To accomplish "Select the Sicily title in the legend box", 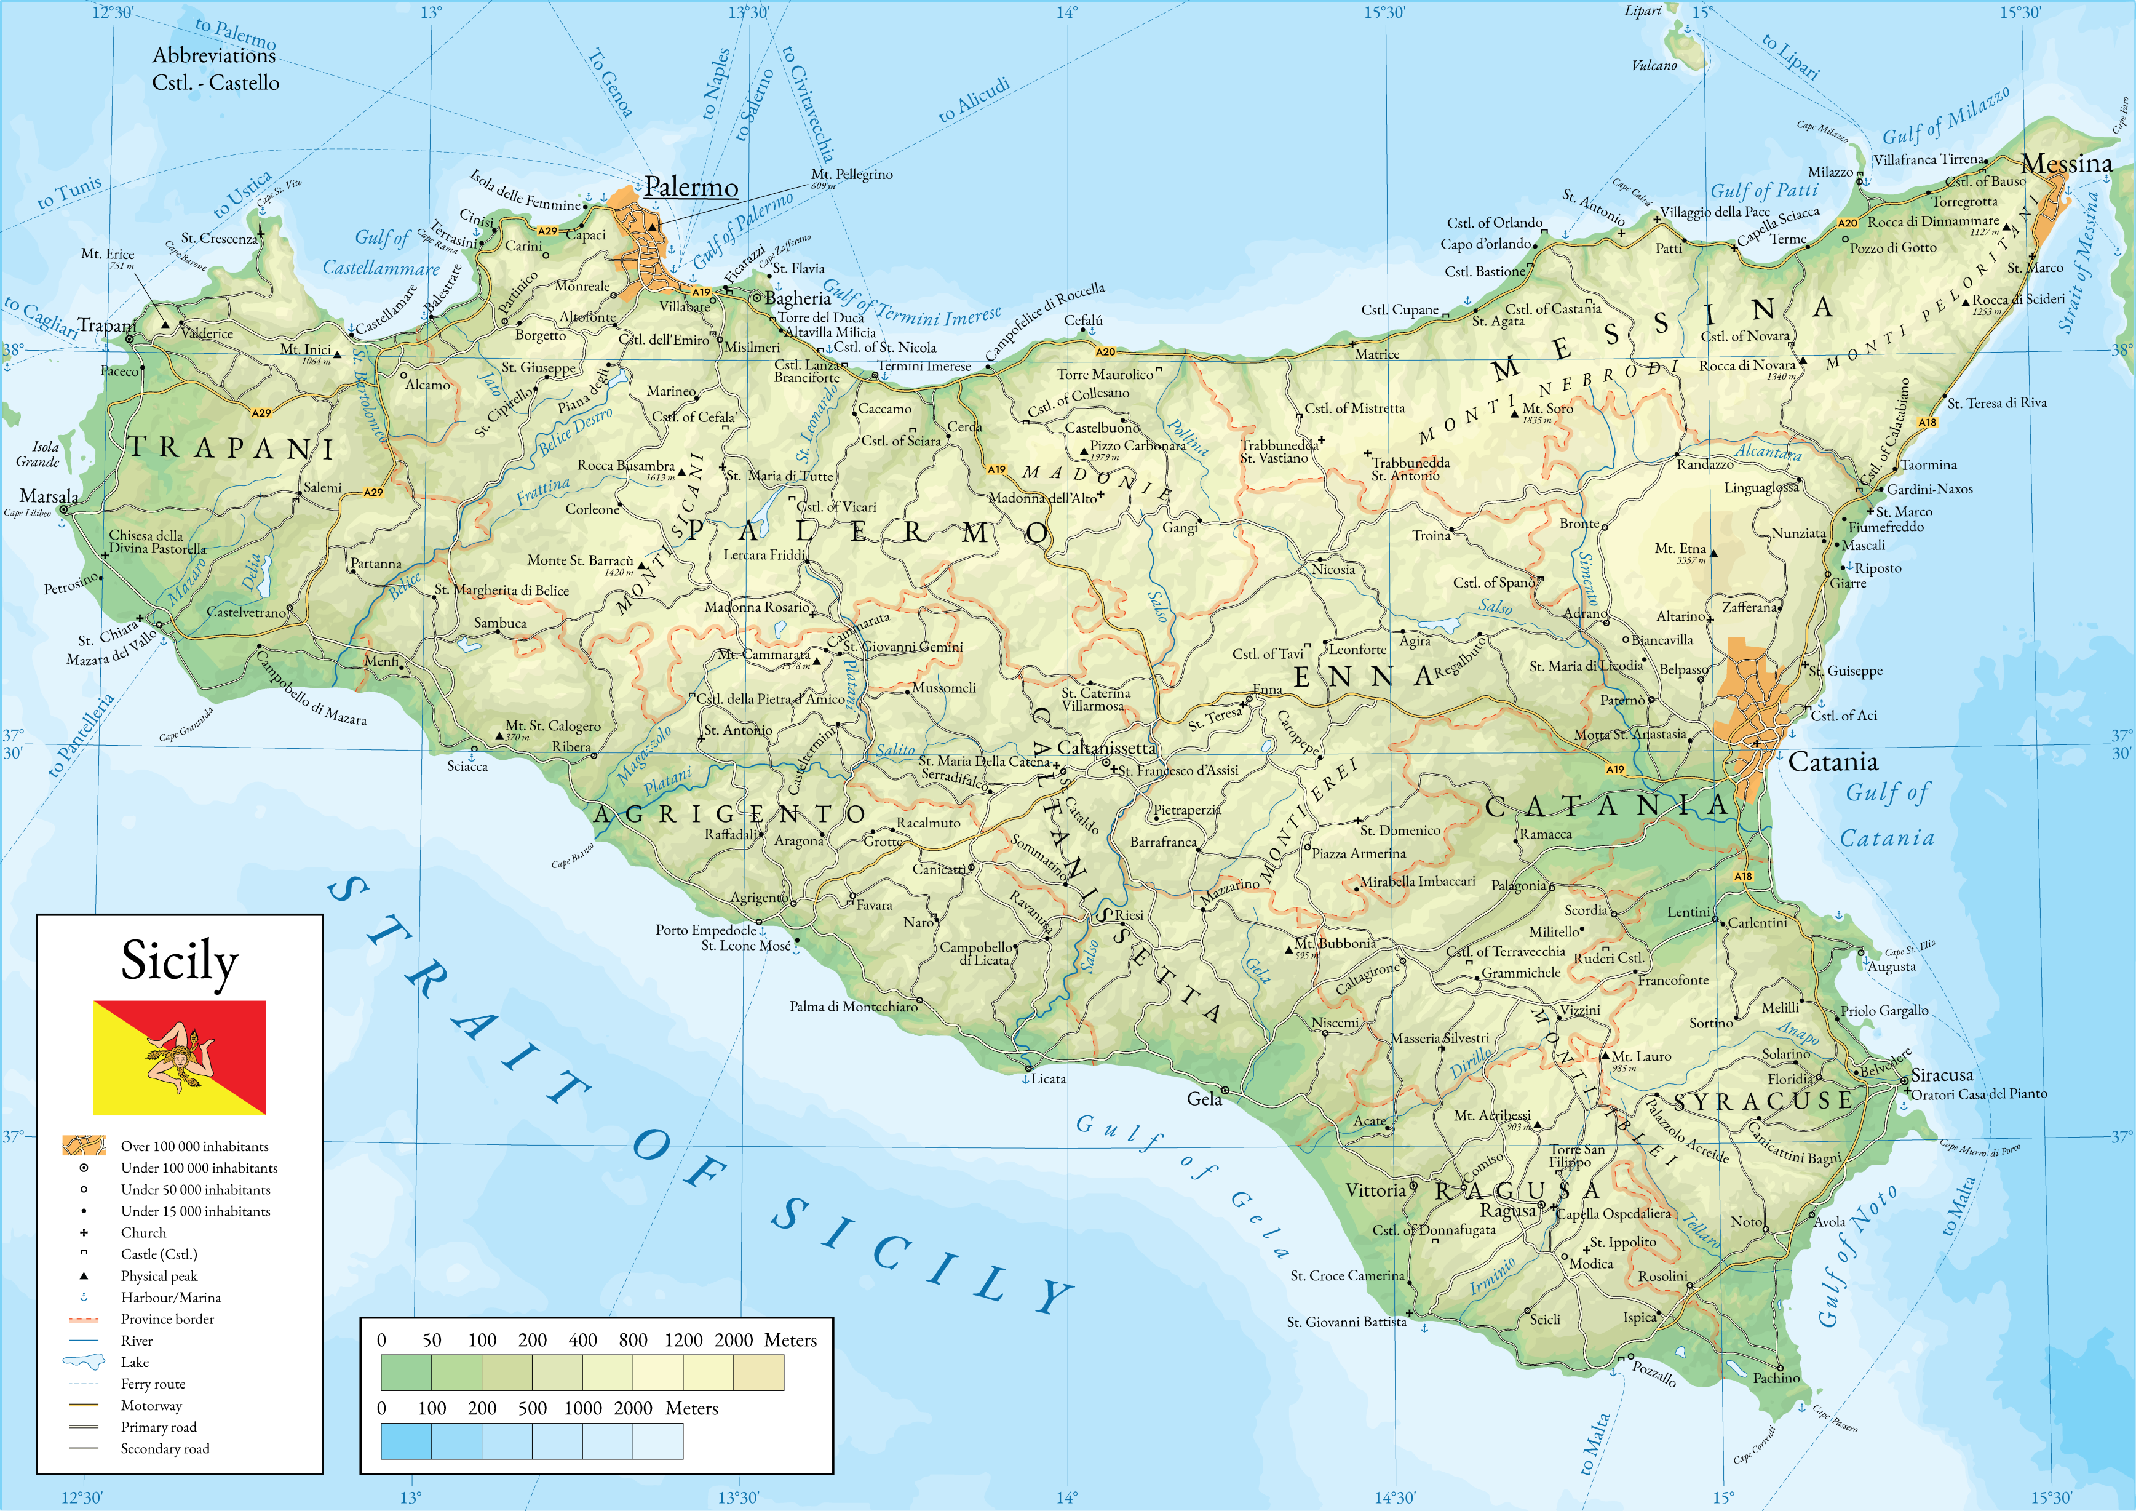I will [180, 961].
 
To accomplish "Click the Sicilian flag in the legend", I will [180, 1058].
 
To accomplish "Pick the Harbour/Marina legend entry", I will [170, 1297].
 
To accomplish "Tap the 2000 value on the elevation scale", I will [733, 1340].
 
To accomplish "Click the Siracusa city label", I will [1942, 1075].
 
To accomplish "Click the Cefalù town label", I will [1083, 320].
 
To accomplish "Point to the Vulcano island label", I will [1654, 65].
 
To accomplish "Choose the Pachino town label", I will [1776, 1378].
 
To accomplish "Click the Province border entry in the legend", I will [167, 1318].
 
